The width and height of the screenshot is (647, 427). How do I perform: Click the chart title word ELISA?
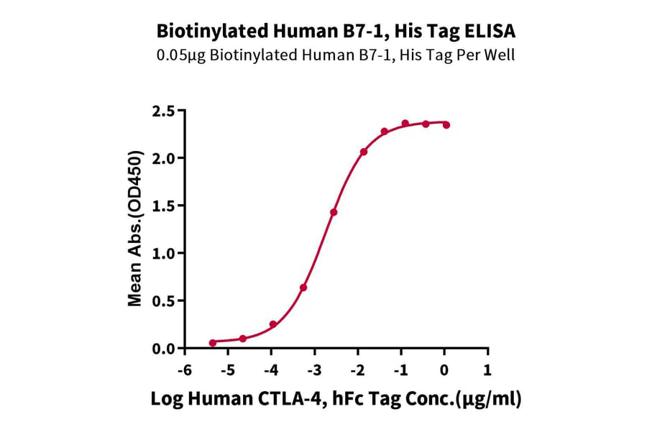(x=491, y=32)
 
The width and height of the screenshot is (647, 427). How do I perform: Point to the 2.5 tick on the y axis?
(x=165, y=111)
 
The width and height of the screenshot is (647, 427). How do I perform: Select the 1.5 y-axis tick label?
(x=165, y=206)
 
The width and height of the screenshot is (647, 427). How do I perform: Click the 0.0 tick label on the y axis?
(x=165, y=349)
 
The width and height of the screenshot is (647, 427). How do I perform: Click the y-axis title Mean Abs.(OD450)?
(x=135, y=229)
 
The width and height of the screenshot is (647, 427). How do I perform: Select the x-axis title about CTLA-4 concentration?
(x=336, y=399)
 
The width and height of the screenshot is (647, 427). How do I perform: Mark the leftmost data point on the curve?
(x=212, y=343)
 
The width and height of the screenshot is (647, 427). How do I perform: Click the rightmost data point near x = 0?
(x=446, y=125)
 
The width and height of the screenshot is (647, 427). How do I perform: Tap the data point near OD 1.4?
(x=334, y=212)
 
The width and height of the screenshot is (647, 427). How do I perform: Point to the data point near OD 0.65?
(x=303, y=288)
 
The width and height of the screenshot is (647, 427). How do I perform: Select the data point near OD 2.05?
(x=364, y=152)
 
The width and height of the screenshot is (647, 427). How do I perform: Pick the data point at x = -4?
(x=273, y=325)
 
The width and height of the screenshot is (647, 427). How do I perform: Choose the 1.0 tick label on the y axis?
(x=165, y=254)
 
